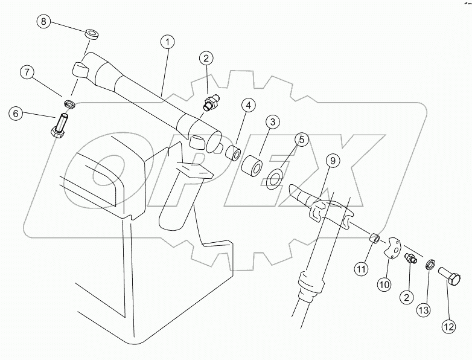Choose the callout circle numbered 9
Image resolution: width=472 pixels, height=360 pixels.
(x=333, y=161)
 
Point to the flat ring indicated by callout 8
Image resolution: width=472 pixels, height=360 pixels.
(x=92, y=33)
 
